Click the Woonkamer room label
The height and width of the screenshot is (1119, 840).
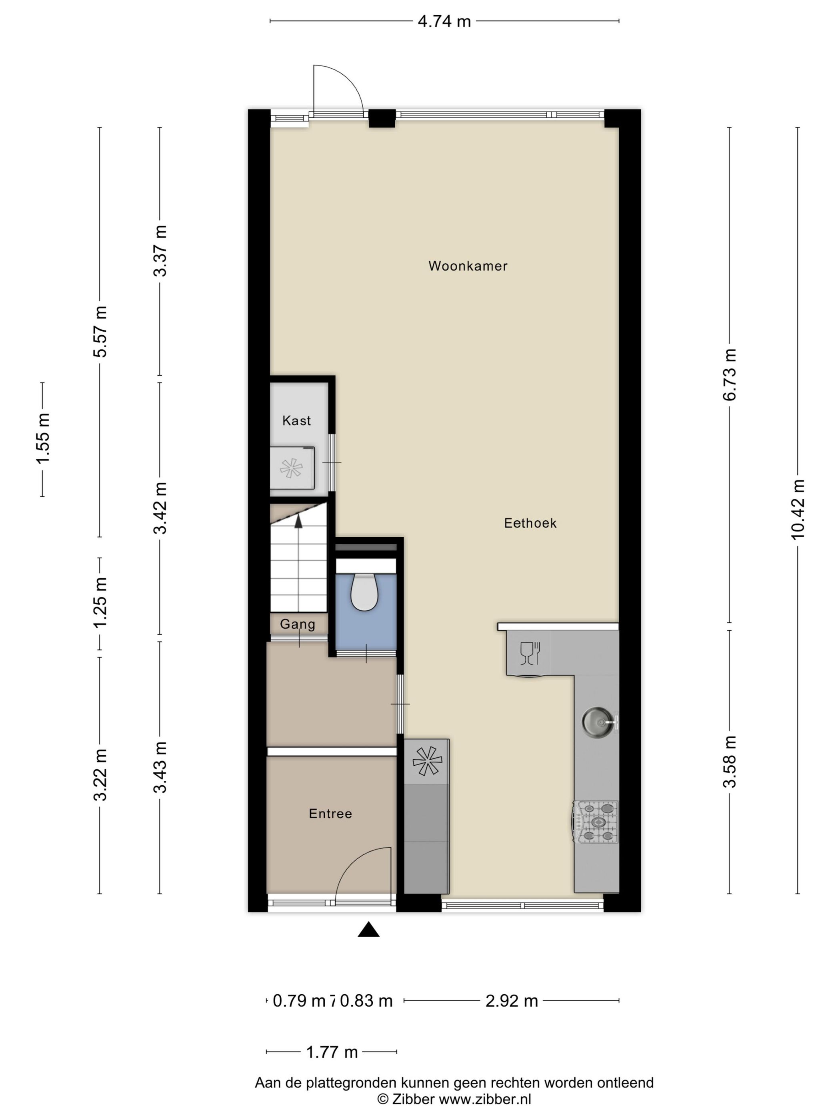pos(467,266)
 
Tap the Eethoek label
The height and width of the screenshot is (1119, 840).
pos(530,523)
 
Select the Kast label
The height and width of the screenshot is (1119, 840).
pos(296,420)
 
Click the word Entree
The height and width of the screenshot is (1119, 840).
pos(330,813)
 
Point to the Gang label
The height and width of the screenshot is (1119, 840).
pos(297,624)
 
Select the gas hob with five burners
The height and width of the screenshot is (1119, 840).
pos(596,822)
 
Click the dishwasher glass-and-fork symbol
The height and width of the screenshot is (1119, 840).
pos(530,653)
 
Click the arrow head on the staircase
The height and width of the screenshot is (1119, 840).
pos(298,521)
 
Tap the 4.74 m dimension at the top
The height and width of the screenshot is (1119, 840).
pos(444,21)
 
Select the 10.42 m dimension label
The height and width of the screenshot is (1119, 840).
pos(798,510)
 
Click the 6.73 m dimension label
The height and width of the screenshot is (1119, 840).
pos(729,375)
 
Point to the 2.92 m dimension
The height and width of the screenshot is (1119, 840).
pos(511,1001)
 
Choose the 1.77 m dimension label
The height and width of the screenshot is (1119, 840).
pos(332,1052)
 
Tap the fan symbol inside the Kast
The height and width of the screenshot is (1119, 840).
pos(291,468)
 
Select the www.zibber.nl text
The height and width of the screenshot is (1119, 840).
pos(484,1098)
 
